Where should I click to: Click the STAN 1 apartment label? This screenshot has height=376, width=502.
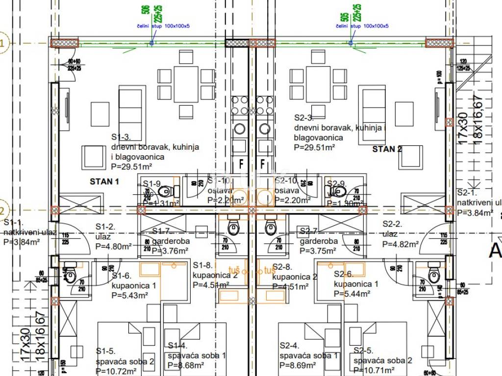[x=104, y=181]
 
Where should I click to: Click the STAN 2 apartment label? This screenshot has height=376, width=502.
[x=387, y=149]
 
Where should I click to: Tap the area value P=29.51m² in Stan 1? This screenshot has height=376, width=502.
[x=131, y=166]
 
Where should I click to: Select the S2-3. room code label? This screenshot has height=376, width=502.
[x=303, y=117]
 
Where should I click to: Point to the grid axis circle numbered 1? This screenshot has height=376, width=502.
[x=2, y=43]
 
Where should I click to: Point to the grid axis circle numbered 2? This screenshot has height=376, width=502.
[x=2, y=211]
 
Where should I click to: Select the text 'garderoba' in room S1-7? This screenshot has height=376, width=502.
[x=171, y=241]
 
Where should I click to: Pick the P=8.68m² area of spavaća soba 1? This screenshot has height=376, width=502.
[x=186, y=365]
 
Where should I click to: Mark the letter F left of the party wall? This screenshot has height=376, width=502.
[x=241, y=163]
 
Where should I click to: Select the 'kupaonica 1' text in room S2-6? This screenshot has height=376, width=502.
[x=356, y=284]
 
